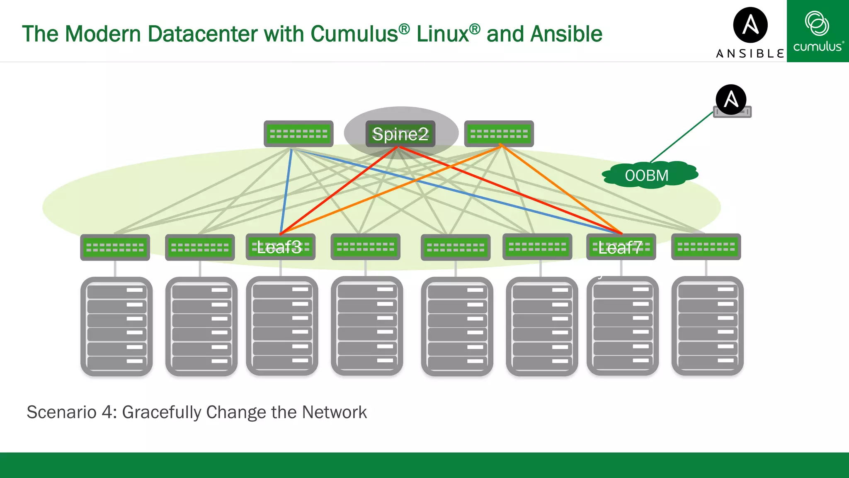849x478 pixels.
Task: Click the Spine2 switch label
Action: point(400,134)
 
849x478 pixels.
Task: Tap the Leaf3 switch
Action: point(280,247)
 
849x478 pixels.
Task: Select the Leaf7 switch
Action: point(621,247)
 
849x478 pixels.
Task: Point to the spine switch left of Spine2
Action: point(298,134)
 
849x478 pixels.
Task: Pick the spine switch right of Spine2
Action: point(499,134)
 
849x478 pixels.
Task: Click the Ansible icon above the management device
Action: point(731,100)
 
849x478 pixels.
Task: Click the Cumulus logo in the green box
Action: point(817,31)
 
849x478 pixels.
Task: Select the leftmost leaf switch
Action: point(115,248)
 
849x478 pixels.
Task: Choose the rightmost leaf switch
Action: point(706,247)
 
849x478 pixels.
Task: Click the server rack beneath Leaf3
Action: point(282,326)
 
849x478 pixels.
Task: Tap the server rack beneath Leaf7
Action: point(622,326)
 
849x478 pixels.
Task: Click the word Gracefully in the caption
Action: point(162,412)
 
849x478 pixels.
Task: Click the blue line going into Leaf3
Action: point(286,191)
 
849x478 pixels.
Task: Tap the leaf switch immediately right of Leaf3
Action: point(365,247)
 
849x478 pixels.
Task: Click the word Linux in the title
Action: point(442,34)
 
